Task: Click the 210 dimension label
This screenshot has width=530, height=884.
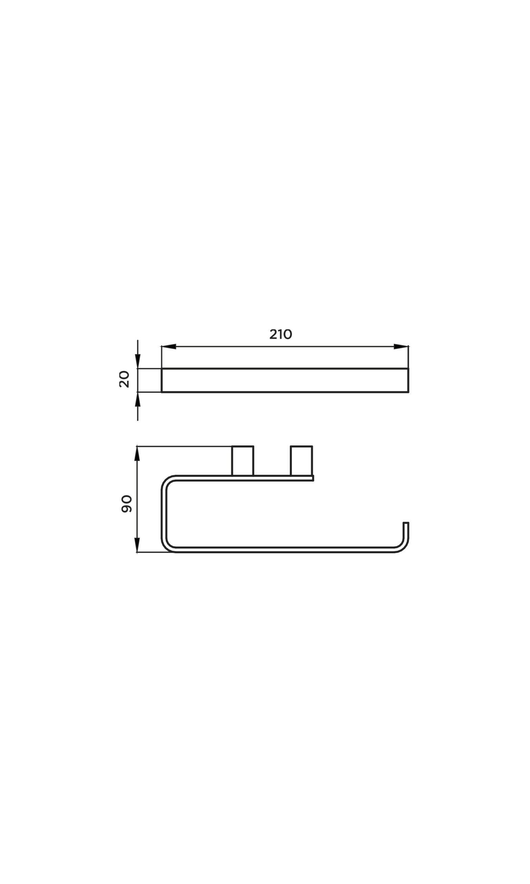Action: click(281, 334)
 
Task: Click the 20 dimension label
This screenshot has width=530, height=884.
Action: click(124, 379)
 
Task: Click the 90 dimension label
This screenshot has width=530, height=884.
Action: click(127, 504)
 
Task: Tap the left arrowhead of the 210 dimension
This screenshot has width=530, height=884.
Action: click(169, 346)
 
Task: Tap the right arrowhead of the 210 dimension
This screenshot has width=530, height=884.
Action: click(401, 346)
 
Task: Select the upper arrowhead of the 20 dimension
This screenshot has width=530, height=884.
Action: click(137, 361)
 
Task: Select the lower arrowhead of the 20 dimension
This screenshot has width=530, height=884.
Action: click(137, 400)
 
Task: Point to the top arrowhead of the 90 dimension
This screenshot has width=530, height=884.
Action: click(137, 454)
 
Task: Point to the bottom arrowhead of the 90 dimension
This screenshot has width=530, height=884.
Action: click(137, 545)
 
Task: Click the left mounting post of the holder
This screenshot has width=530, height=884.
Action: click(243, 461)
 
